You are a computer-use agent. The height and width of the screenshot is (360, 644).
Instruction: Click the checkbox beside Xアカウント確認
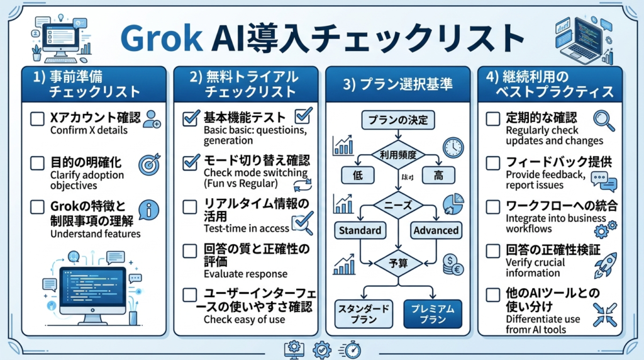[38, 118]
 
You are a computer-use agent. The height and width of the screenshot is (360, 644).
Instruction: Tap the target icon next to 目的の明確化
[148, 163]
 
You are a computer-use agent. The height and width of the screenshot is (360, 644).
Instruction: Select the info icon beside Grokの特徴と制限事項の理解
[150, 210]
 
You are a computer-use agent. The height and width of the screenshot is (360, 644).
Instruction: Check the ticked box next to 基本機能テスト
[191, 118]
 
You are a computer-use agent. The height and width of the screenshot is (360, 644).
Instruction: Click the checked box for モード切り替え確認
[191, 162]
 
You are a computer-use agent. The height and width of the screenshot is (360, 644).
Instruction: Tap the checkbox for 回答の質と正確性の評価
[191, 250]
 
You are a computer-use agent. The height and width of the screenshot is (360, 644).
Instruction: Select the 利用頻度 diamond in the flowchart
[397, 152]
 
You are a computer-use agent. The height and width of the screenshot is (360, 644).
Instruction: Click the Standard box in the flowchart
[360, 230]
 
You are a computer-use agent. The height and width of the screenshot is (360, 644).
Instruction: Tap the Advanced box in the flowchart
[436, 230]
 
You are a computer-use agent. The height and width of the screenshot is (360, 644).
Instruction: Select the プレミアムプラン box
[433, 313]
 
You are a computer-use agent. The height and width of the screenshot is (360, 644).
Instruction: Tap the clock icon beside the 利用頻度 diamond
[452, 147]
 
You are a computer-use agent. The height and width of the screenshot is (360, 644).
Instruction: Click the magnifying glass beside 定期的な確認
[603, 120]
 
